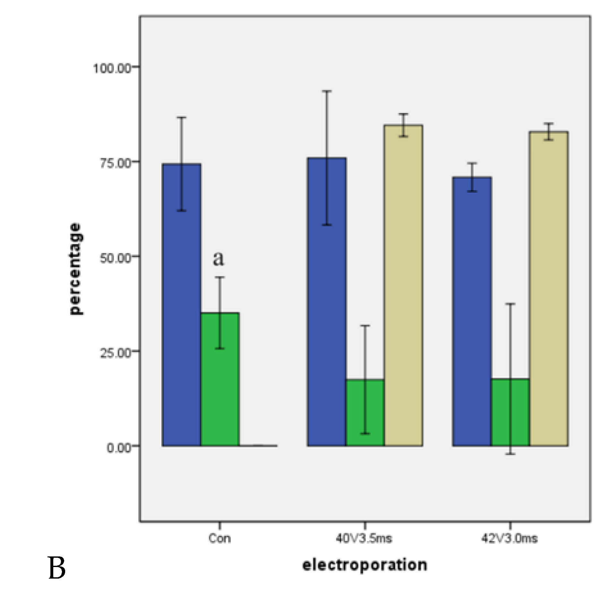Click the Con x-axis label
(x=220, y=538)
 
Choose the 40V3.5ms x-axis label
(x=364, y=538)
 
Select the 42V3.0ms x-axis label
(x=509, y=538)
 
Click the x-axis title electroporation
(x=365, y=565)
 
